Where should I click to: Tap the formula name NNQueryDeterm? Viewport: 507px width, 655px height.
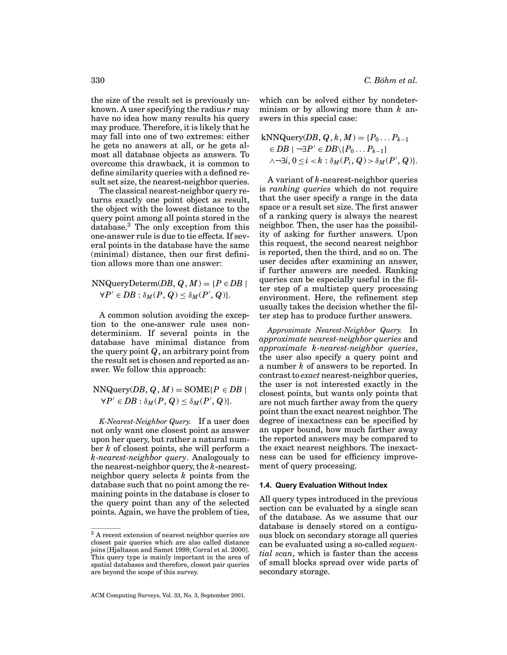[x=125, y=284]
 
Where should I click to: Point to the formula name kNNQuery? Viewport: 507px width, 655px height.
[x=282, y=138]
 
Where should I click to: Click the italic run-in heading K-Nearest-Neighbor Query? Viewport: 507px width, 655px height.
[x=145, y=421]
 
